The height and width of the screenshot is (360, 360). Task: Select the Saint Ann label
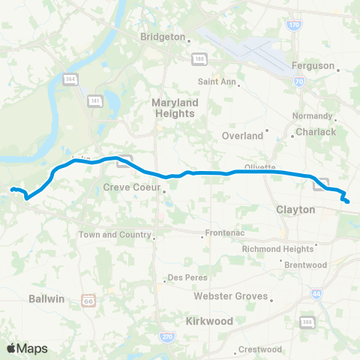217,81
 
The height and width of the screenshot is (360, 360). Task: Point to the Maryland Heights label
173,107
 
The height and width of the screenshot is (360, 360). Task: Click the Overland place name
242,136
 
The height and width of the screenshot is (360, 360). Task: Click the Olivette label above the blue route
260,167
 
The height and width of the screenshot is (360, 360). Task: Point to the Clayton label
295,210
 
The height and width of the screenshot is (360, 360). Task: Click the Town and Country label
114,235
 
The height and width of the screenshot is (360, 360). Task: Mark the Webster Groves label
230,296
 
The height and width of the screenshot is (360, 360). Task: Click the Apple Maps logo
27,348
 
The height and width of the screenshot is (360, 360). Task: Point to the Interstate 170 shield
293,25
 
